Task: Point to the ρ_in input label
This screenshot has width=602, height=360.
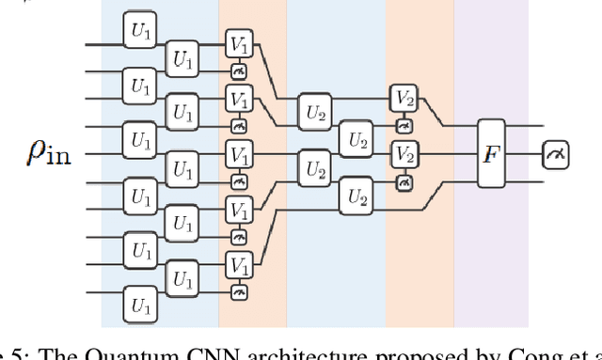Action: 53,153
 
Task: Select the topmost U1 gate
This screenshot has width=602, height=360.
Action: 140,31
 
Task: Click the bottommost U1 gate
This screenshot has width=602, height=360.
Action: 140,306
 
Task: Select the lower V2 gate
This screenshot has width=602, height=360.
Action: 404,153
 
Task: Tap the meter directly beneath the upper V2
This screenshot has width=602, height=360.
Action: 404,124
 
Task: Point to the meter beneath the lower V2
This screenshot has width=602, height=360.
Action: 404,180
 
